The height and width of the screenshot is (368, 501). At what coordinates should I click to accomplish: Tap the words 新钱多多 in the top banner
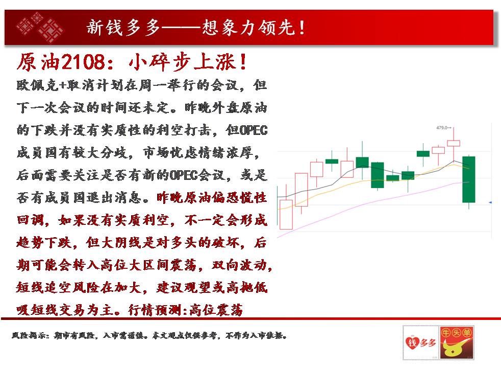click(123, 27)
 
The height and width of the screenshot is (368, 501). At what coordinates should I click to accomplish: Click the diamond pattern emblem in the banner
click(40, 27)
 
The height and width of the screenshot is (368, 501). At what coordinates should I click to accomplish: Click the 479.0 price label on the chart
click(442, 128)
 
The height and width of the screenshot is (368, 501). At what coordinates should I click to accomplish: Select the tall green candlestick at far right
click(469, 179)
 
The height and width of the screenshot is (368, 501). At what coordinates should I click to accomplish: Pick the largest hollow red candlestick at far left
click(286, 214)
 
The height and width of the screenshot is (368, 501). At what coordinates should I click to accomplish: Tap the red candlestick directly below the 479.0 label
click(454, 143)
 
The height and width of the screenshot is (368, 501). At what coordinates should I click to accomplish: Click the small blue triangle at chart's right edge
click(490, 202)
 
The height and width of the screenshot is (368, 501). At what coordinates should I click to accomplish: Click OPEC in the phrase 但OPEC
click(254, 130)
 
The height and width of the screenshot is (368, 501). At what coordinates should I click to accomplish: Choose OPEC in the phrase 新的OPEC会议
click(184, 175)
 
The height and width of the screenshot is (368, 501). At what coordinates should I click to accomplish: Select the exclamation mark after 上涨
click(243, 62)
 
